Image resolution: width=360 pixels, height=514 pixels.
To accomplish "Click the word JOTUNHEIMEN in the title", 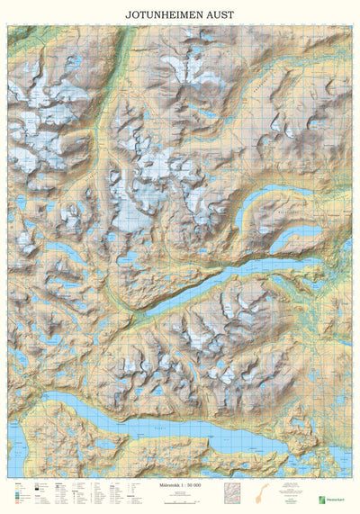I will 158,14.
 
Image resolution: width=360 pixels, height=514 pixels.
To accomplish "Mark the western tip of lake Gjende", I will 144,314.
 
